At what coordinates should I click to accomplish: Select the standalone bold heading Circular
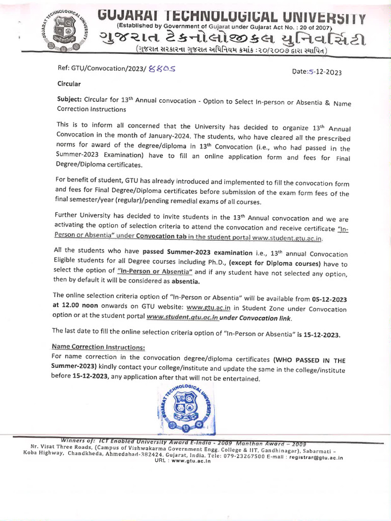tap(68, 83)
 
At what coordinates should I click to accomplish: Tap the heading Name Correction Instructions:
tap(98, 346)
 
